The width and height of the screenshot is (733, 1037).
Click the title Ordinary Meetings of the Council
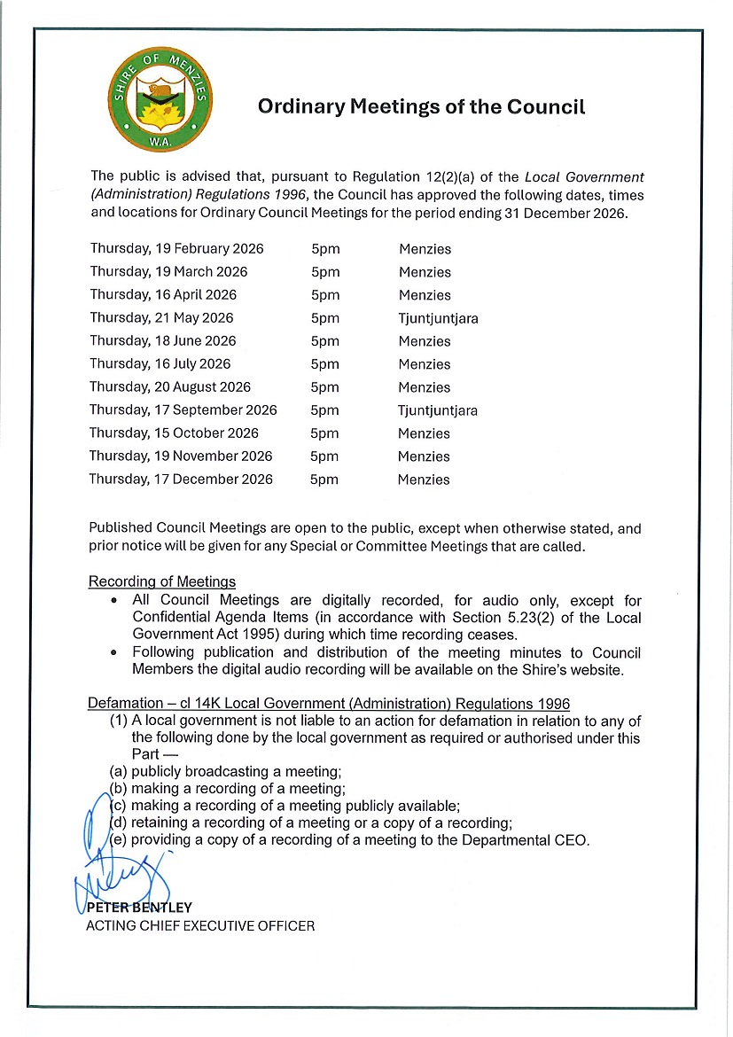421,108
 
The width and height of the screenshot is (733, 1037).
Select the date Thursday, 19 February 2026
176,249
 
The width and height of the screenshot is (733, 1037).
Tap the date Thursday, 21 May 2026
161,318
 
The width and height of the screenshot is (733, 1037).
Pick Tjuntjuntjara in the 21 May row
438,319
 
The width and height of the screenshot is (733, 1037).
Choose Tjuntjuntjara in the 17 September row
438,411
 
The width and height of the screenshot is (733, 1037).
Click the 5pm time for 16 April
325,295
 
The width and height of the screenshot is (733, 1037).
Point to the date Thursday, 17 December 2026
181,480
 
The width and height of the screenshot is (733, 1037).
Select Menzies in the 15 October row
424,434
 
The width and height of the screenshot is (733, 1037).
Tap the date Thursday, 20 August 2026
170,387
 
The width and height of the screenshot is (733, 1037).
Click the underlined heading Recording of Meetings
162,582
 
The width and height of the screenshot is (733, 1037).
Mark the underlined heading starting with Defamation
328,704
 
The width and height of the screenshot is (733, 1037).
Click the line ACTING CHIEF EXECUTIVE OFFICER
199,926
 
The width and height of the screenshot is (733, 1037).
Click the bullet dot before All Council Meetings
115,602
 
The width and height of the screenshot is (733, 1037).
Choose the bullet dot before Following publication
115,653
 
